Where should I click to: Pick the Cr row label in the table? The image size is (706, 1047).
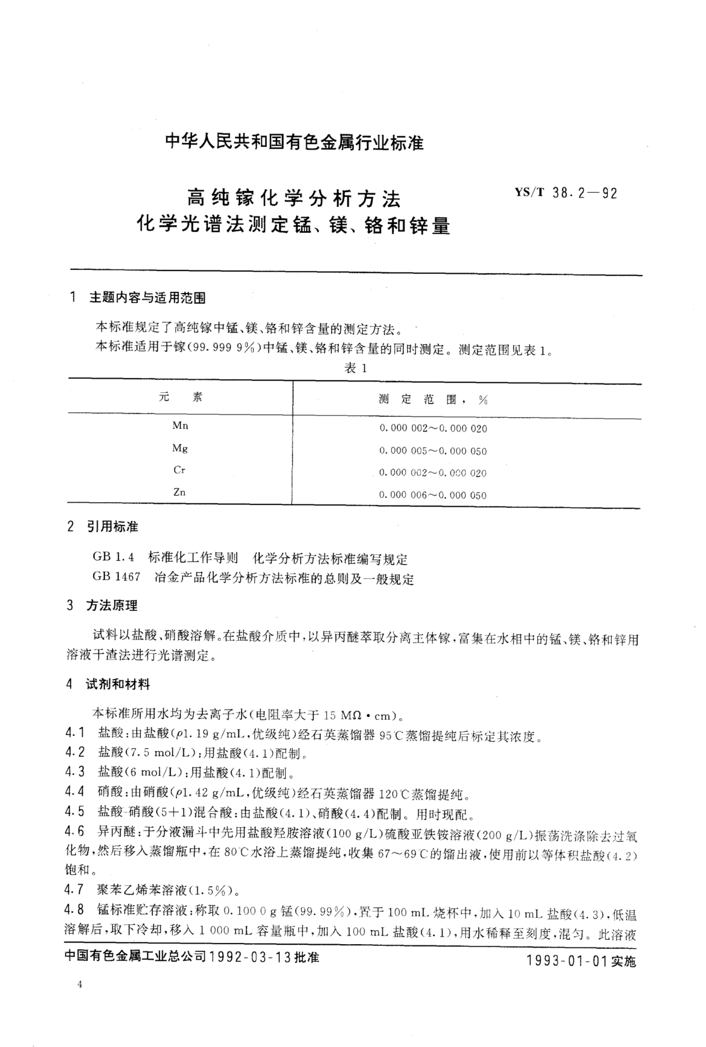[179, 470]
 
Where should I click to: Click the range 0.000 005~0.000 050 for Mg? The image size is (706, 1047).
[433, 451]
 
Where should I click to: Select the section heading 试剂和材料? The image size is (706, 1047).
[118, 684]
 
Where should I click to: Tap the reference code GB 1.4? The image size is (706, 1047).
[113, 557]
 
